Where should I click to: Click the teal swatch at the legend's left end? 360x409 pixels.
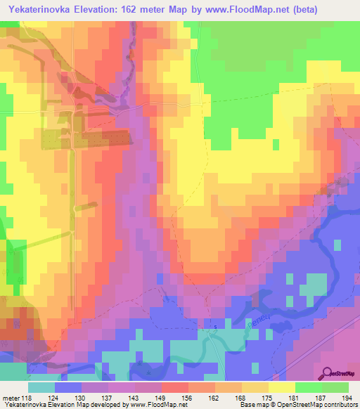click(41, 387)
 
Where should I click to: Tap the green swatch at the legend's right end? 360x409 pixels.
click(335, 387)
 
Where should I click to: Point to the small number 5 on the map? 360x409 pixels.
click(216, 327)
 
